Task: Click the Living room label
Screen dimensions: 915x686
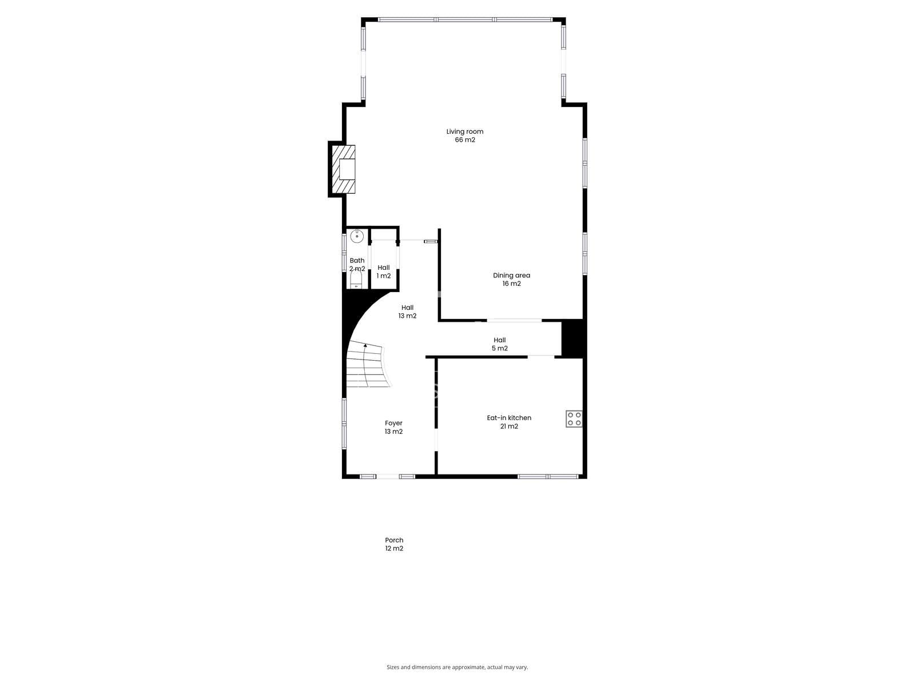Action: pos(465,131)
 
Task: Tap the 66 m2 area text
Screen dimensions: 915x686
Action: pos(465,140)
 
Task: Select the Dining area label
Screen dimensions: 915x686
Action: pos(511,276)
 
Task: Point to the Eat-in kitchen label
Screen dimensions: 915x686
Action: pos(509,418)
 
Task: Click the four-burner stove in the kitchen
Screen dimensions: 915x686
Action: pos(574,418)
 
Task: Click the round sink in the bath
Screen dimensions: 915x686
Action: pos(357,237)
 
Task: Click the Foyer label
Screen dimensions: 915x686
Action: pos(393,423)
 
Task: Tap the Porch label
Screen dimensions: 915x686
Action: pos(394,540)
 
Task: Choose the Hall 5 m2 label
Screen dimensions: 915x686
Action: pos(500,344)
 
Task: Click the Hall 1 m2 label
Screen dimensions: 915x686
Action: pos(384,272)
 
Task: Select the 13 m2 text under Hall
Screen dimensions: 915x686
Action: pos(407,316)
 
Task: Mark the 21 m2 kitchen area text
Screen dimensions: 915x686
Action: pos(509,426)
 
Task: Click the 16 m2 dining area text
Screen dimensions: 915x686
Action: pos(511,284)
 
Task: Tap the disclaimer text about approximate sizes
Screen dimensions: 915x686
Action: pos(457,667)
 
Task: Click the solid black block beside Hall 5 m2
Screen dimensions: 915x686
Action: pos(572,338)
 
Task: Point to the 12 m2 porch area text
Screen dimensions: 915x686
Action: pos(394,549)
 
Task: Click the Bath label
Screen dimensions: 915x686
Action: pos(357,261)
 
